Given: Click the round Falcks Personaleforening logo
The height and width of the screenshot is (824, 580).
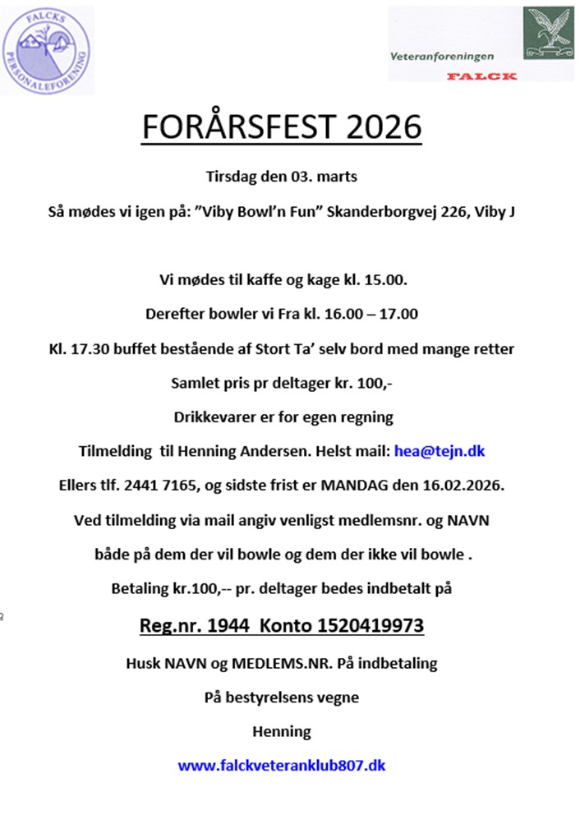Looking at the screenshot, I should [48, 48].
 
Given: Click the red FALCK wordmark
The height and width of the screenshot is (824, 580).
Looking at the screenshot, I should [482, 76].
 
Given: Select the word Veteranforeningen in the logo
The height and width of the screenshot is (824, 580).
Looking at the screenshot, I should [453, 57].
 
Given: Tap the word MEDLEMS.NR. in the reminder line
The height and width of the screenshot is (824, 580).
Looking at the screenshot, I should [266, 662].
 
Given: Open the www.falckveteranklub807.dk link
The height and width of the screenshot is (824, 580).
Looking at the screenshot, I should [282, 765].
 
